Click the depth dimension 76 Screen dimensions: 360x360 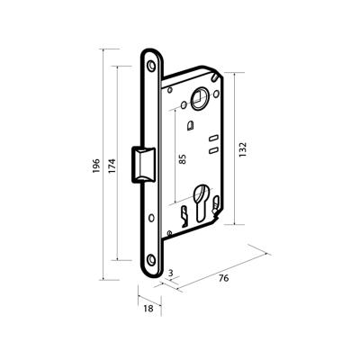(224, 278)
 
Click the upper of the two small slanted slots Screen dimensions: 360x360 (213, 140)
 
